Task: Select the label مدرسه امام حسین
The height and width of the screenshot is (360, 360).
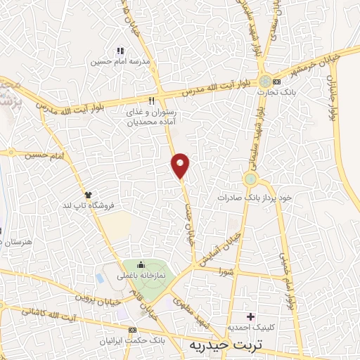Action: click(x=117, y=62)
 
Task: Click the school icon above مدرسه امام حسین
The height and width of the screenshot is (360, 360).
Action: click(x=120, y=51)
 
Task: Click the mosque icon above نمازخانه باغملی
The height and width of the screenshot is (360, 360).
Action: click(x=141, y=265)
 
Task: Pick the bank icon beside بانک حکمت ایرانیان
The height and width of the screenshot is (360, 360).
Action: click(x=132, y=329)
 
